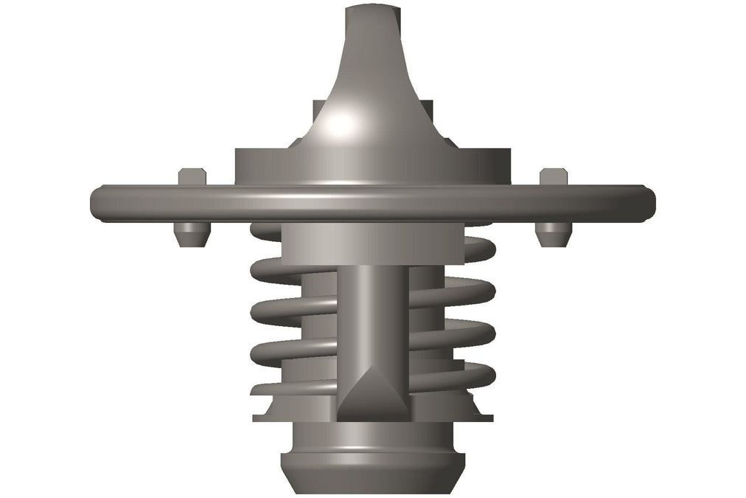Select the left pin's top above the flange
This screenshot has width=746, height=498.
192,176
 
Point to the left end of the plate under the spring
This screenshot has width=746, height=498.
259,418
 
